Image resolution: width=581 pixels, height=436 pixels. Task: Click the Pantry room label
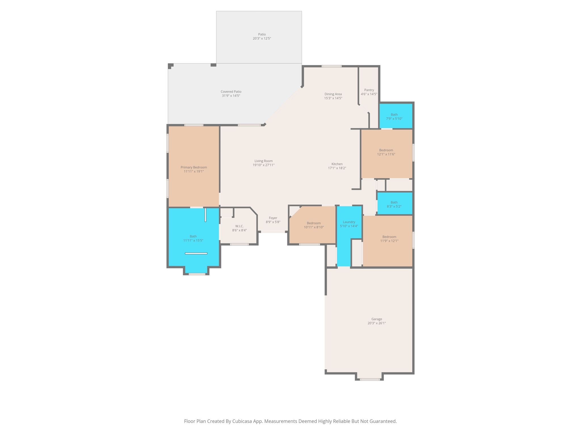[369, 90]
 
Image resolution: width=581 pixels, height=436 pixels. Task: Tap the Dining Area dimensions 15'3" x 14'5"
[333, 98]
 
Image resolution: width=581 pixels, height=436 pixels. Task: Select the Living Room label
[264, 161]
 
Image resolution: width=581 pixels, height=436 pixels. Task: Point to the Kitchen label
[337, 164]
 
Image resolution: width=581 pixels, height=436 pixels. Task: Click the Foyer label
[273, 218]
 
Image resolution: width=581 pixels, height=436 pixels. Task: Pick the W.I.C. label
[239, 226]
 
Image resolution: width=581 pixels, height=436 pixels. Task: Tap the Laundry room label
[349, 222]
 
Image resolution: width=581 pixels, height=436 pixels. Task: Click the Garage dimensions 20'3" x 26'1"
[377, 323]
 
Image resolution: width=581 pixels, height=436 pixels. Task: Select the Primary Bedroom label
[194, 167]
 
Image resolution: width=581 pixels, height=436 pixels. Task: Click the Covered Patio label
[231, 92]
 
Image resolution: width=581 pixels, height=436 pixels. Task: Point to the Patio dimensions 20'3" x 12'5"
[262, 38]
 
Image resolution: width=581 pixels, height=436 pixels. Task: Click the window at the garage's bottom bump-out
[370, 379]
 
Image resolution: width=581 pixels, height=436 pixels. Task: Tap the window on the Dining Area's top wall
[332, 66]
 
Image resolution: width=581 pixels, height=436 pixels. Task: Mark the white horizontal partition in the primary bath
[196, 253]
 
